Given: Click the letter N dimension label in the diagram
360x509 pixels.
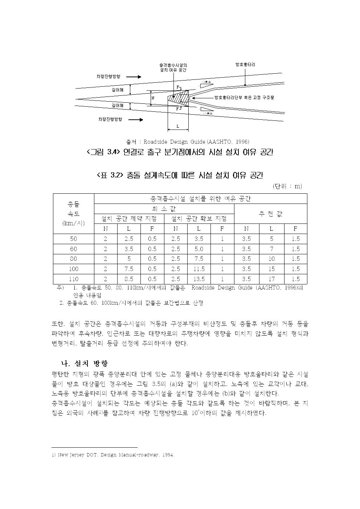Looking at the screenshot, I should tap(153, 98).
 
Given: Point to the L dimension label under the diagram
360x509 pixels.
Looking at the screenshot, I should tap(178, 126).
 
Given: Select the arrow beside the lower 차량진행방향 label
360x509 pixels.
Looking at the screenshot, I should tap(136, 119).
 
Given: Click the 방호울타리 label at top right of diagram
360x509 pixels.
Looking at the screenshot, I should tap(245, 65).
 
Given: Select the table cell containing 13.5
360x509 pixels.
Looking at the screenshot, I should tap(199, 279).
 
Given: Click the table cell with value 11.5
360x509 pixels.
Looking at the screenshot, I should tap(199, 269).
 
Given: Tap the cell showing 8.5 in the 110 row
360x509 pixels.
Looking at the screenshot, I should tap(129, 279).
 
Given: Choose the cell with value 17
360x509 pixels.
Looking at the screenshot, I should tap(271, 279).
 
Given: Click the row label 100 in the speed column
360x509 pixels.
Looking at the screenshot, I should tap(73, 269).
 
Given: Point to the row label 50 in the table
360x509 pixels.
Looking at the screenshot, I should tap(73, 239).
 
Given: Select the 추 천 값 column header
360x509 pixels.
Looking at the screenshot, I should tap(271, 214).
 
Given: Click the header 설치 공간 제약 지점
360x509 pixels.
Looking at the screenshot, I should tap(129, 219).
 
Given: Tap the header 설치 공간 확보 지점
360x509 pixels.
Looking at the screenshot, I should tap(199, 219).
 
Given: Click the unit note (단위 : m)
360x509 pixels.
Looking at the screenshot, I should tap(287, 186).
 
